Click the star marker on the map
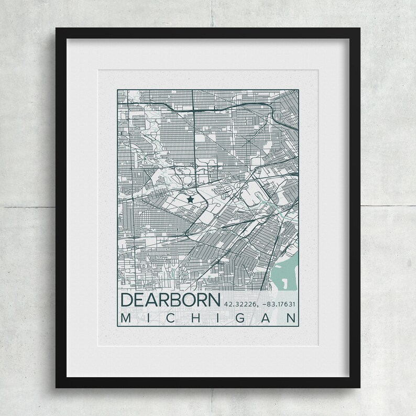click(x=190, y=199)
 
